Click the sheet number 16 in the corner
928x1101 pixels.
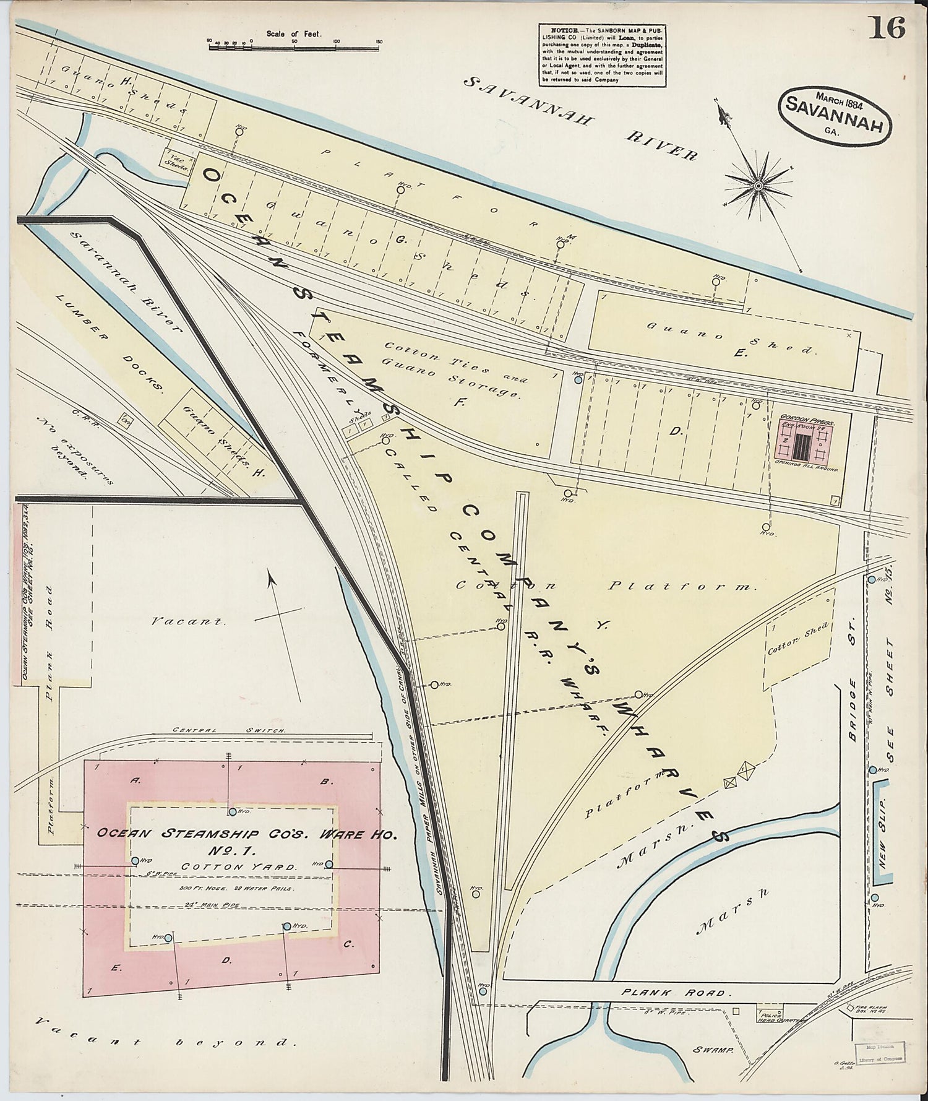point(889,28)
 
